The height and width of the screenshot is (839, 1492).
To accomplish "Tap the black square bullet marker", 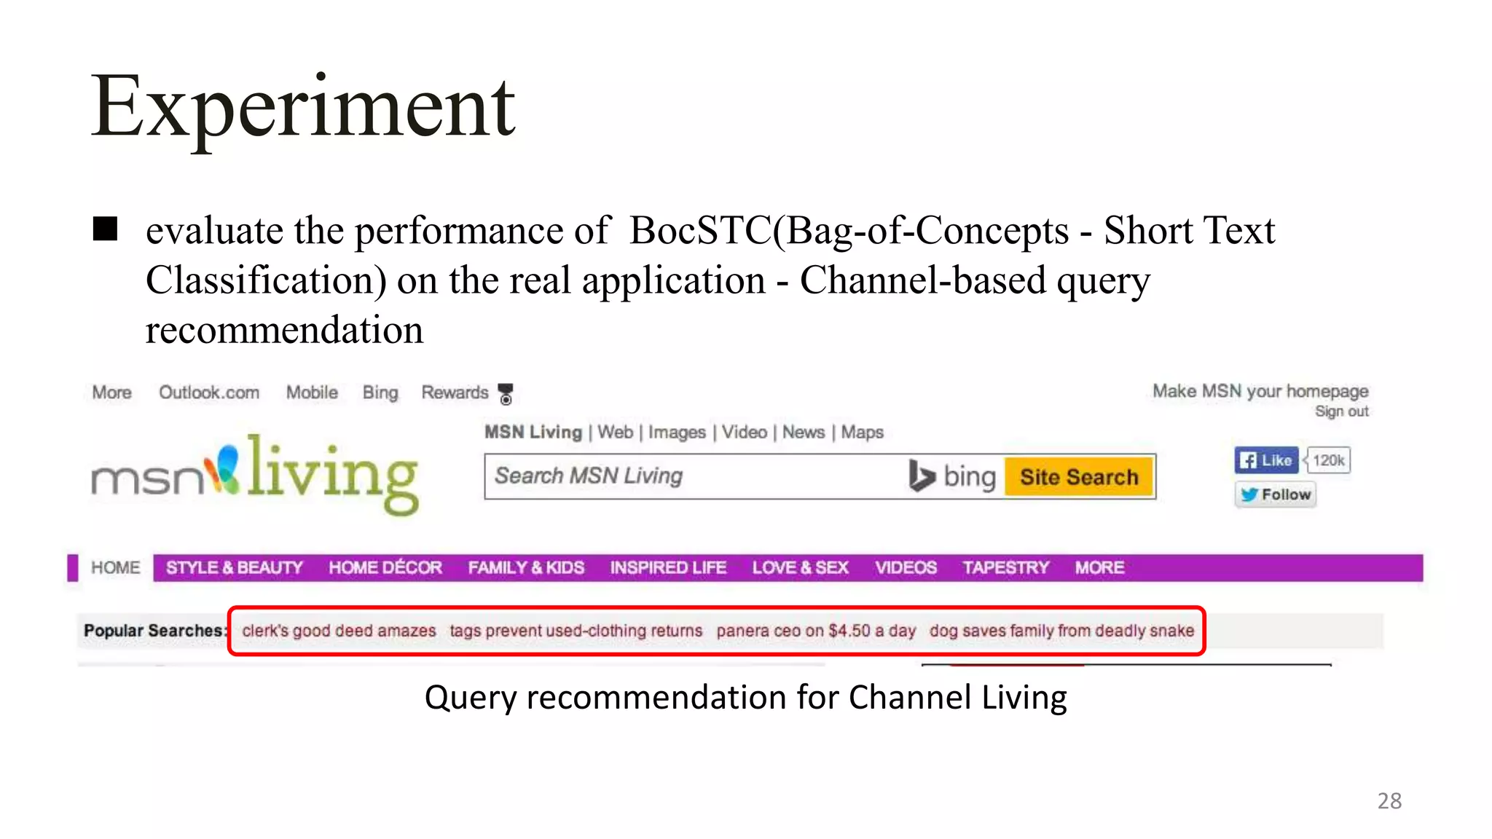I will [106, 229].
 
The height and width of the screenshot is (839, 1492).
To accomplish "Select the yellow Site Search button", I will [1078, 477].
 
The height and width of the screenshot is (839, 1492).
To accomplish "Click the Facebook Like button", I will [1266, 460].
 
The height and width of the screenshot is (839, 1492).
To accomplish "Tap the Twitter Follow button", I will [1276, 495].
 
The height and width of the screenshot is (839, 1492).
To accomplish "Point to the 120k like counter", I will [1329, 460].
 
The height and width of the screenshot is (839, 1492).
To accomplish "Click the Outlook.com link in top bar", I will [209, 393].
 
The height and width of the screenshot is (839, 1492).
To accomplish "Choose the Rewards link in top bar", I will [455, 393].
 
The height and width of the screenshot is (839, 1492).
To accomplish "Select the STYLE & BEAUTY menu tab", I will [234, 568].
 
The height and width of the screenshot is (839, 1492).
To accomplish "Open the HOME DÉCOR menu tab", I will [385, 568].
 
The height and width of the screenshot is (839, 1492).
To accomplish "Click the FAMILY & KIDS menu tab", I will [526, 568].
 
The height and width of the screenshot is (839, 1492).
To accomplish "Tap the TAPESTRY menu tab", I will [1005, 568].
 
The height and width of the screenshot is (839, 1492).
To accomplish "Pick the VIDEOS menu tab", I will [906, 568].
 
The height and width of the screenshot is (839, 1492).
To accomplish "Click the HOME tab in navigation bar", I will [115, 568].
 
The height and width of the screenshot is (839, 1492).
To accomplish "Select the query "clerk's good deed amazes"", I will [339, 631].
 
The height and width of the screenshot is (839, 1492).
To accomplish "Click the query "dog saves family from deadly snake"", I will [1061, 631].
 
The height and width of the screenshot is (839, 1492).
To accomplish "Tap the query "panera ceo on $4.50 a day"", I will [816, 631].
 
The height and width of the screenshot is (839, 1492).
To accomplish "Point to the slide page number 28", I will [1389, 801].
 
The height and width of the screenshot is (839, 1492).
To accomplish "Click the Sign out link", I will [1341, 411].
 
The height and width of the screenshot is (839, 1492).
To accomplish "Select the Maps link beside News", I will [862, 433].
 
